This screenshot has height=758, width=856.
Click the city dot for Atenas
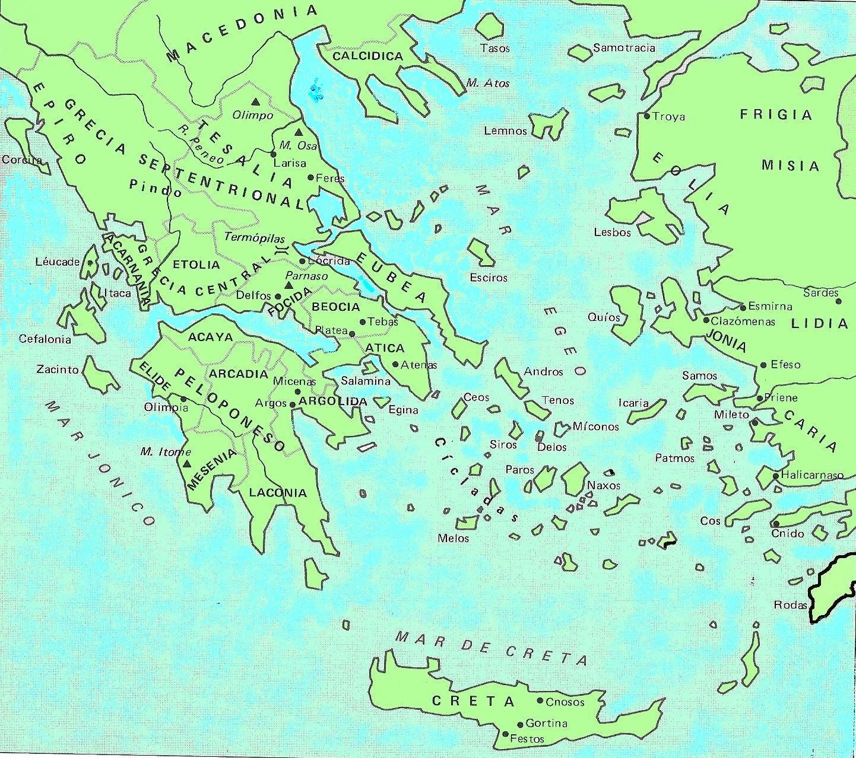395,364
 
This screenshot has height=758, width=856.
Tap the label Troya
668,117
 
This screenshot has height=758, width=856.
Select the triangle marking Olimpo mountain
255,101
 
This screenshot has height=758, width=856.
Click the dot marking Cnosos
540,700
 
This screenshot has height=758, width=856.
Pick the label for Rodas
790,605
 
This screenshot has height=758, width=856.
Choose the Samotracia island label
624,48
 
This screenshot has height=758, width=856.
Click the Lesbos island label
612,233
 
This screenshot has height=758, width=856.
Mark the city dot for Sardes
839,301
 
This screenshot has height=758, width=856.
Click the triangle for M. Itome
187,464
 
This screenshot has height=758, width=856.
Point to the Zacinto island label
57,369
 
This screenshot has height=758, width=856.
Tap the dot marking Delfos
277,296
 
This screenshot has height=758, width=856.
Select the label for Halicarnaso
811,475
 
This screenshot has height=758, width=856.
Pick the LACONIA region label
278,492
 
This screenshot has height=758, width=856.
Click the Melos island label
453,539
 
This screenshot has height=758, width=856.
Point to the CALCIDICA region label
367,56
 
